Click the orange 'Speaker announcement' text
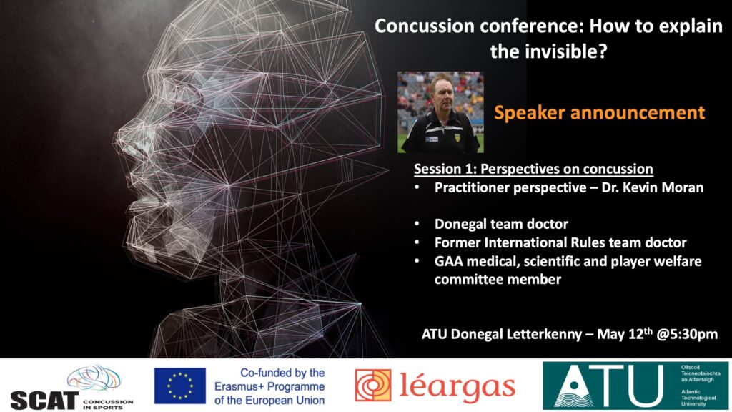pyautogui.click(x=600, y=112)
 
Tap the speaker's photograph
pyautogui.click(x=440, y=112)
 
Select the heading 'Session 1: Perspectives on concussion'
pyautogui.click(x=533, y=169)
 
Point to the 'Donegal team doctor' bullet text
pyautogui.click(x=501, y=224)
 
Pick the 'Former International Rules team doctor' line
pyautogui.click(x=560, y=242)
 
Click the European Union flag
pyautogui.click(x=179, y=386)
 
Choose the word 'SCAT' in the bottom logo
pyautogui.click(x=44, y=401)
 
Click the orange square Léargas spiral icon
pyautogui.click(x=373, y=386)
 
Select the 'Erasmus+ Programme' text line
pyautogui.click(x=269, y=387)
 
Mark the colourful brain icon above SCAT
pyautogui.click(x=94, y=378)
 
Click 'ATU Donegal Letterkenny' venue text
pyautogui.click(x=502, y=335)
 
